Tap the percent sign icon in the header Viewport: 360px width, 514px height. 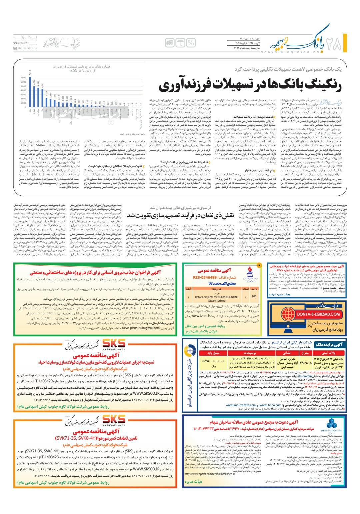(191, 43)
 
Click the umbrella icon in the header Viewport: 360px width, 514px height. (180, 43)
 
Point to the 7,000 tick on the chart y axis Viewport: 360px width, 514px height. (23, 77)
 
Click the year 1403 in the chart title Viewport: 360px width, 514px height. (73, 71)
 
